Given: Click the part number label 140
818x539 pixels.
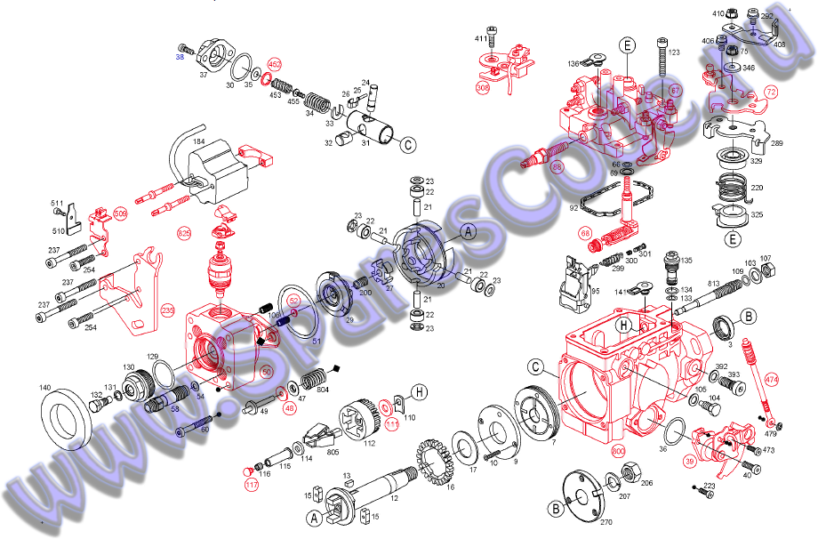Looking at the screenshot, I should (45, 389).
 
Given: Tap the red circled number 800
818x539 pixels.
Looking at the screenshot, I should (619, 451).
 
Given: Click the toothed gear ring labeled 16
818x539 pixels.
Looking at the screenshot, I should (432, 456).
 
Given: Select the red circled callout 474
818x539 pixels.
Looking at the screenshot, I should (770, 380).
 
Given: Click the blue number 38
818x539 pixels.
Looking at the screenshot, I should (179, 56).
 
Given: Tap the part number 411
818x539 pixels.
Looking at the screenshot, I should (481, 39).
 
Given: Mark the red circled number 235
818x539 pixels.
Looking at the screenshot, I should (167, 312).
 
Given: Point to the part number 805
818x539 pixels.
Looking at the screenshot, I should (308, 453).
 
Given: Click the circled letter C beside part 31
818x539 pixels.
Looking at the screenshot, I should (407, 144).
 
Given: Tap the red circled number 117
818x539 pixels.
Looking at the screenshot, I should (252, 485).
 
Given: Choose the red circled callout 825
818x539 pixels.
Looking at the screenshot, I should (184, 233).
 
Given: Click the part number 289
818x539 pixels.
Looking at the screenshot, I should (776, 143).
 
